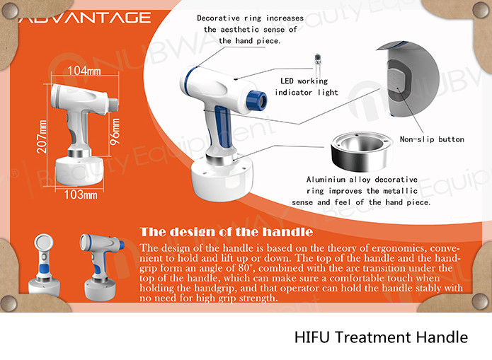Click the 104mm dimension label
[84, 71]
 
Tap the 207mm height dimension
[42, 137]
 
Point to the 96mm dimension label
[115, 132]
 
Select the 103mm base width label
[81, 194]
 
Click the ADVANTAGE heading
[85, 18]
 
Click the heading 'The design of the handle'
[227, 232]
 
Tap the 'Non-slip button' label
[432, 139]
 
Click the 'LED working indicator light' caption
[307, 86]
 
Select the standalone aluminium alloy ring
[361, 151]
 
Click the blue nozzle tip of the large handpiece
[257, 100]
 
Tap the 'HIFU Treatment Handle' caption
[382, 337]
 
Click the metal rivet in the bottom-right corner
[480, 303]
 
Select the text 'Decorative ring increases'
[250, 18]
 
